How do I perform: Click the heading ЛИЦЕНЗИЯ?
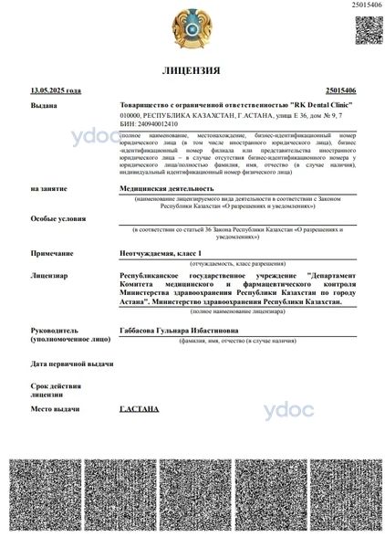[191, 70]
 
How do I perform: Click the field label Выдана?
[43, 106]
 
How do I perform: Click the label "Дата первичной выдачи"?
[71, 363]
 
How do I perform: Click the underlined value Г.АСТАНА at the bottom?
[140, 408]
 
